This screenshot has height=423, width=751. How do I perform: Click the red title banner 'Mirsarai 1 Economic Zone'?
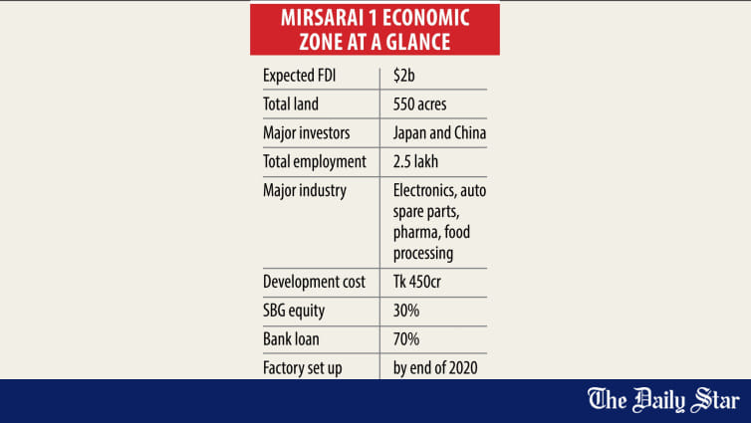375,29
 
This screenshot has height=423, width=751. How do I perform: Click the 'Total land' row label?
290,104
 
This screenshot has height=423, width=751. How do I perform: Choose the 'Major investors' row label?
307,132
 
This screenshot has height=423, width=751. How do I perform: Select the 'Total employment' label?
315,161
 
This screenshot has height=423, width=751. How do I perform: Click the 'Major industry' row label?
304,190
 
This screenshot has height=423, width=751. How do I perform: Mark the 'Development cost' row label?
314,282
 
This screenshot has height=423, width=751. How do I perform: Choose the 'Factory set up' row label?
302,368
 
